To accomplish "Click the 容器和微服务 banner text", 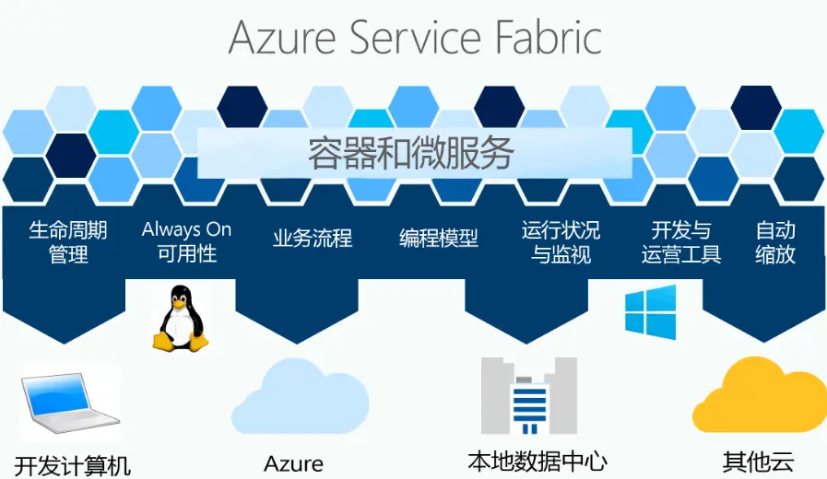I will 410,153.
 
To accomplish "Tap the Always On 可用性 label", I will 186,241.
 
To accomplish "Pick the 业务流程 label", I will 312,239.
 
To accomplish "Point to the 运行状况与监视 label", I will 561,241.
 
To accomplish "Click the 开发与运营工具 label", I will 681,241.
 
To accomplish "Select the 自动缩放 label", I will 775,241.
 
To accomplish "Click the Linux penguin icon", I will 180,318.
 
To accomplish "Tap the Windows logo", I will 650,311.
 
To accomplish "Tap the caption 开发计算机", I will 73,464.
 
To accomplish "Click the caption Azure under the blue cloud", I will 293,462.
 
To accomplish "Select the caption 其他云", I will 758,461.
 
